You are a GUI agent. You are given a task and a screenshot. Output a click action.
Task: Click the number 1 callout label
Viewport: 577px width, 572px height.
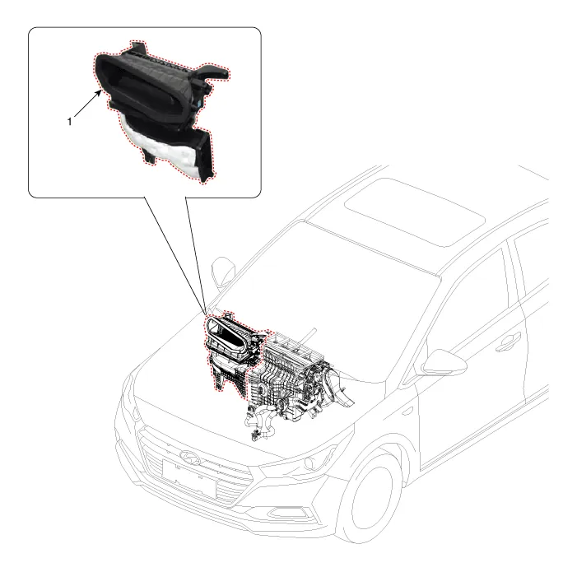point(69,121)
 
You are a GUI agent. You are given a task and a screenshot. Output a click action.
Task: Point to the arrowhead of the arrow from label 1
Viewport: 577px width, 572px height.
point(99,93)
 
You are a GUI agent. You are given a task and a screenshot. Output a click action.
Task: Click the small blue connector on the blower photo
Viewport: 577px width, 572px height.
point(199,104)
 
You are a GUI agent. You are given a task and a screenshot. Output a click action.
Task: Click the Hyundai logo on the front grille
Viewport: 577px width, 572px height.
point(189,458)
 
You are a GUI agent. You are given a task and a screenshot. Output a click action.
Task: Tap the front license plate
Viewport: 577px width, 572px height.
point(188,478)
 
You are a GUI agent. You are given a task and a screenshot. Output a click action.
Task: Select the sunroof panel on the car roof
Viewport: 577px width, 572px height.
point(415,212)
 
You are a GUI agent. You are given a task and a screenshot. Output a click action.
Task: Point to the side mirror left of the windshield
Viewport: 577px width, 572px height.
point(223,273)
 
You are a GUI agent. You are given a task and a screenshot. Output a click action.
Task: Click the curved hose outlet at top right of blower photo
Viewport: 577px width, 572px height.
point(212,72)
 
